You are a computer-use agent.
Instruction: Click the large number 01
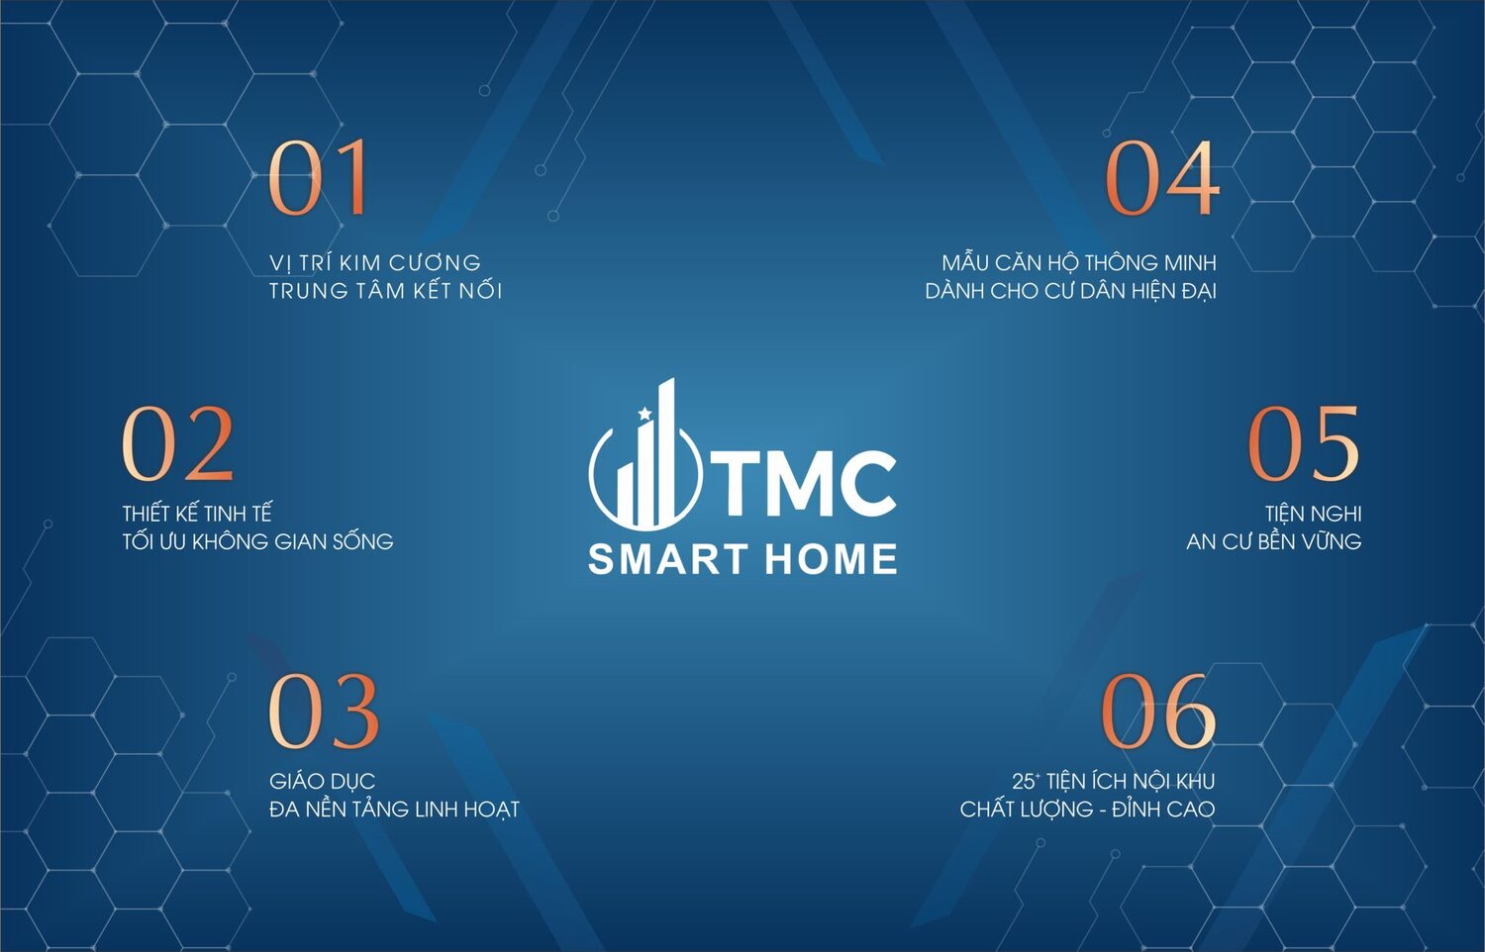coord(319,178)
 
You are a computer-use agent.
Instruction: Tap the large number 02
coord(178,443)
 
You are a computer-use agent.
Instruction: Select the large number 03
coord(324,711)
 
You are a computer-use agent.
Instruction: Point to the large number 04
coord(1161,178)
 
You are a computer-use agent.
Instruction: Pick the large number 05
coord(1303,443)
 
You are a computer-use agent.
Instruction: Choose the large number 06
coord(1157,711)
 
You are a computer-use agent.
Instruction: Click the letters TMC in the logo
coord(808,483)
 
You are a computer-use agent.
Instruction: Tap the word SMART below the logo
coord(659,560)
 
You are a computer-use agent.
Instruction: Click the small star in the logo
coord(645,414)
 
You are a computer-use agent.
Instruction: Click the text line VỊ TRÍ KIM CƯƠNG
coord(375,263)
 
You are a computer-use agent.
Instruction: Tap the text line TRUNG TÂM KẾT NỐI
coord(385,291)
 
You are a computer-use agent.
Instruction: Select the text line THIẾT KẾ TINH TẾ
coord(197,514)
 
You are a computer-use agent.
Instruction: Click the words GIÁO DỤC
coord(322,782)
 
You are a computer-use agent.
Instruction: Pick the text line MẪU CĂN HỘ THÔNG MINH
coord(1079,263)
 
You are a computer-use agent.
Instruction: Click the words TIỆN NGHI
coord(1313,514)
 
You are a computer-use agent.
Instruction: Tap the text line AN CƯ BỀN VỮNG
coord(1273,541)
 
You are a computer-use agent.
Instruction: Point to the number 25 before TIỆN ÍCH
coord(1023,782)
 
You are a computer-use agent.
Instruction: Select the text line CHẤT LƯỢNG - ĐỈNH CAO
coord(1087,809)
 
